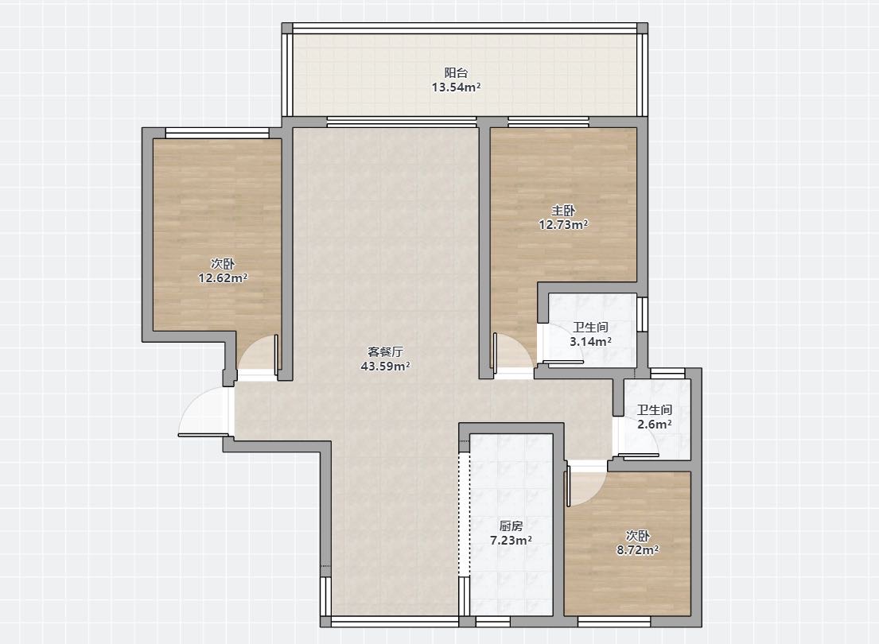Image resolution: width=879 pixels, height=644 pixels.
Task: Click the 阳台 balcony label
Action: click(456, 72)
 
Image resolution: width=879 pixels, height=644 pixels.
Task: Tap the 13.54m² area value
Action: click(456, 87)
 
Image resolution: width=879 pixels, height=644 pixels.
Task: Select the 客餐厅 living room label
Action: click(385, 352)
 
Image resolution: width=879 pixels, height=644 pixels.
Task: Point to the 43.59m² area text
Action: click(385, 367)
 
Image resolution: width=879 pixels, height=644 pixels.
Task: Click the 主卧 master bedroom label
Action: click(563, 211)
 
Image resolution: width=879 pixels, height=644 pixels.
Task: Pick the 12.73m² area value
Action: click(563, 225)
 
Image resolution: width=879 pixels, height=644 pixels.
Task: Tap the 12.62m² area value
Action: click(223, 278)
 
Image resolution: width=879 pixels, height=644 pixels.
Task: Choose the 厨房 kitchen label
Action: click(511, 526)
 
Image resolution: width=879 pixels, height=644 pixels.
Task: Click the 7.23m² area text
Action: click(511, 541)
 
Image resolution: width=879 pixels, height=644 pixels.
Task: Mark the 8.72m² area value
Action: click(637, 550)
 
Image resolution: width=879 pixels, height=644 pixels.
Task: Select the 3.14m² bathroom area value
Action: click(590, 341)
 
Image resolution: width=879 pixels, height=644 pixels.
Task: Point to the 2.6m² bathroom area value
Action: click(654, 425)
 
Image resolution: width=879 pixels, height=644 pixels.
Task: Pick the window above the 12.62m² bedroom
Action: click(217, 134)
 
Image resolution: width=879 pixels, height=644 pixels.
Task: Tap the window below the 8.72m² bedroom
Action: click(614, 622)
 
